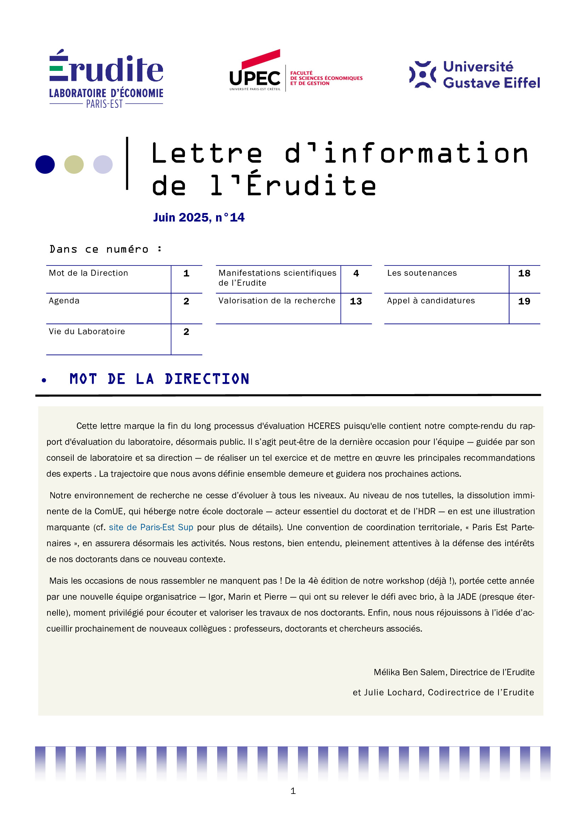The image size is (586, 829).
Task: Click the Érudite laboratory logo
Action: (106, 78)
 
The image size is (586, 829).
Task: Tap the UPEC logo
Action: (296, 71)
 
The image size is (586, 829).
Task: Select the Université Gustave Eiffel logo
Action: (474, 75)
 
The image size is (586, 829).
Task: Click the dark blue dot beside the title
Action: (45, 165)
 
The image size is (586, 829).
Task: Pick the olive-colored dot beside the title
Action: (74, 165)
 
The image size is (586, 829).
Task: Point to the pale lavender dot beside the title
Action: (103, 165)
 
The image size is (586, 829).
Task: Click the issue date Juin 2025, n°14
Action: (199, 217)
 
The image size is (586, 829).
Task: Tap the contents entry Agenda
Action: (64, 301)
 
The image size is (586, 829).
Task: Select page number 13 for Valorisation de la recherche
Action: (356, 302)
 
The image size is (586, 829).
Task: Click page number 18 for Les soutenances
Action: (524, 274)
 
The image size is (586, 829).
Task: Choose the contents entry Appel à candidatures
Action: (431, 301)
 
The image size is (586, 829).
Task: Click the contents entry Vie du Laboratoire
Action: (87, 331)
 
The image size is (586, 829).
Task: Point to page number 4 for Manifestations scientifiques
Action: (356, 274)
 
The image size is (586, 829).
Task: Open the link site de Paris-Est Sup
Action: (151, 527)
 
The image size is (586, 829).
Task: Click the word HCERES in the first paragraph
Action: (324, 426)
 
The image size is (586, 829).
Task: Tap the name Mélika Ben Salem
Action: (410, 672)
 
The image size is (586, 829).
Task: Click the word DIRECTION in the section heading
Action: (207, 379)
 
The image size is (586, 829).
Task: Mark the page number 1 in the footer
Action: (293, 791)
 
